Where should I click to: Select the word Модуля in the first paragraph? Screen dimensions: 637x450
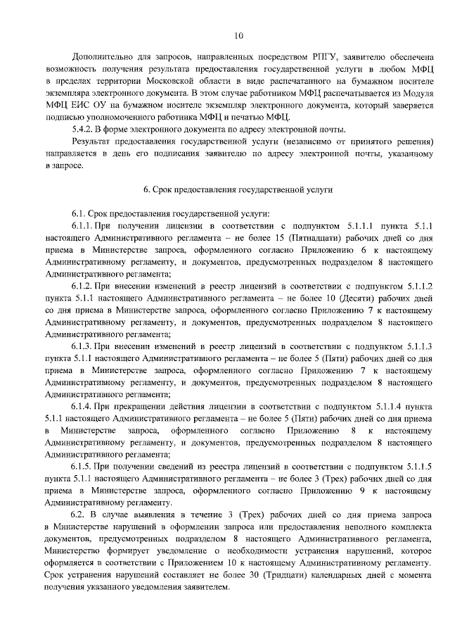418,93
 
